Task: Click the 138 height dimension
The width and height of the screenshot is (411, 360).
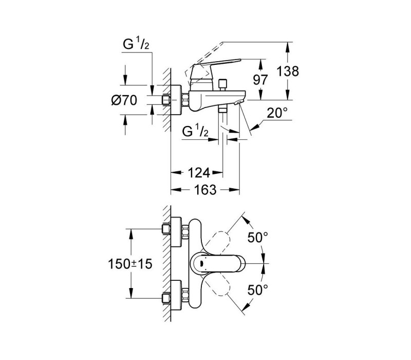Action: (x=288, y=71)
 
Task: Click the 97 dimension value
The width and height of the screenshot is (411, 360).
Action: (x=260, y=80)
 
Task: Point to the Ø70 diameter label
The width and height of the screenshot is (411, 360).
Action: (x=124, y=100)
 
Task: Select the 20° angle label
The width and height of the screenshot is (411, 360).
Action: (x=277, y=113)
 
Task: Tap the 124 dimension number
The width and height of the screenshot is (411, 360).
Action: (x=199, y=173)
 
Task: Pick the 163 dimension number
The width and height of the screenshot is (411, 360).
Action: (x=205, y=190)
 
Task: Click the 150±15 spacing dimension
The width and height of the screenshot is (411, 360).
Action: (x=130, y=264)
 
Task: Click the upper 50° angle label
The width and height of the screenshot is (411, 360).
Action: (x=258, y=238)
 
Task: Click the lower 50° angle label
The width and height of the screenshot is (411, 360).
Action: (x=258, y=290)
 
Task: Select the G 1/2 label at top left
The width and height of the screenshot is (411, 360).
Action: (x=136, y=44)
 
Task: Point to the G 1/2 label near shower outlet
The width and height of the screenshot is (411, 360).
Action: (x=196, y=131)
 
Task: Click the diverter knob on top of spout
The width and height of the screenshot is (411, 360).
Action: (x=223, y=84)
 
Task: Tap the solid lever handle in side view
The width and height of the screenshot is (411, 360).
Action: (x=215, y=69)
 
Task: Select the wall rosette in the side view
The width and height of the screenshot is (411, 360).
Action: (x=176, y=100)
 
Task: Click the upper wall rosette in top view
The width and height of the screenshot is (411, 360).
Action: (x=176, y=232)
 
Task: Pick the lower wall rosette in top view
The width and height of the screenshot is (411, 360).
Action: (x=176, y=295)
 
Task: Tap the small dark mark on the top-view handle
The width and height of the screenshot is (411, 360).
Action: (x=202, y=263)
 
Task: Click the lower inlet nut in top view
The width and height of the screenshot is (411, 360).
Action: (x=166, y=298)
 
